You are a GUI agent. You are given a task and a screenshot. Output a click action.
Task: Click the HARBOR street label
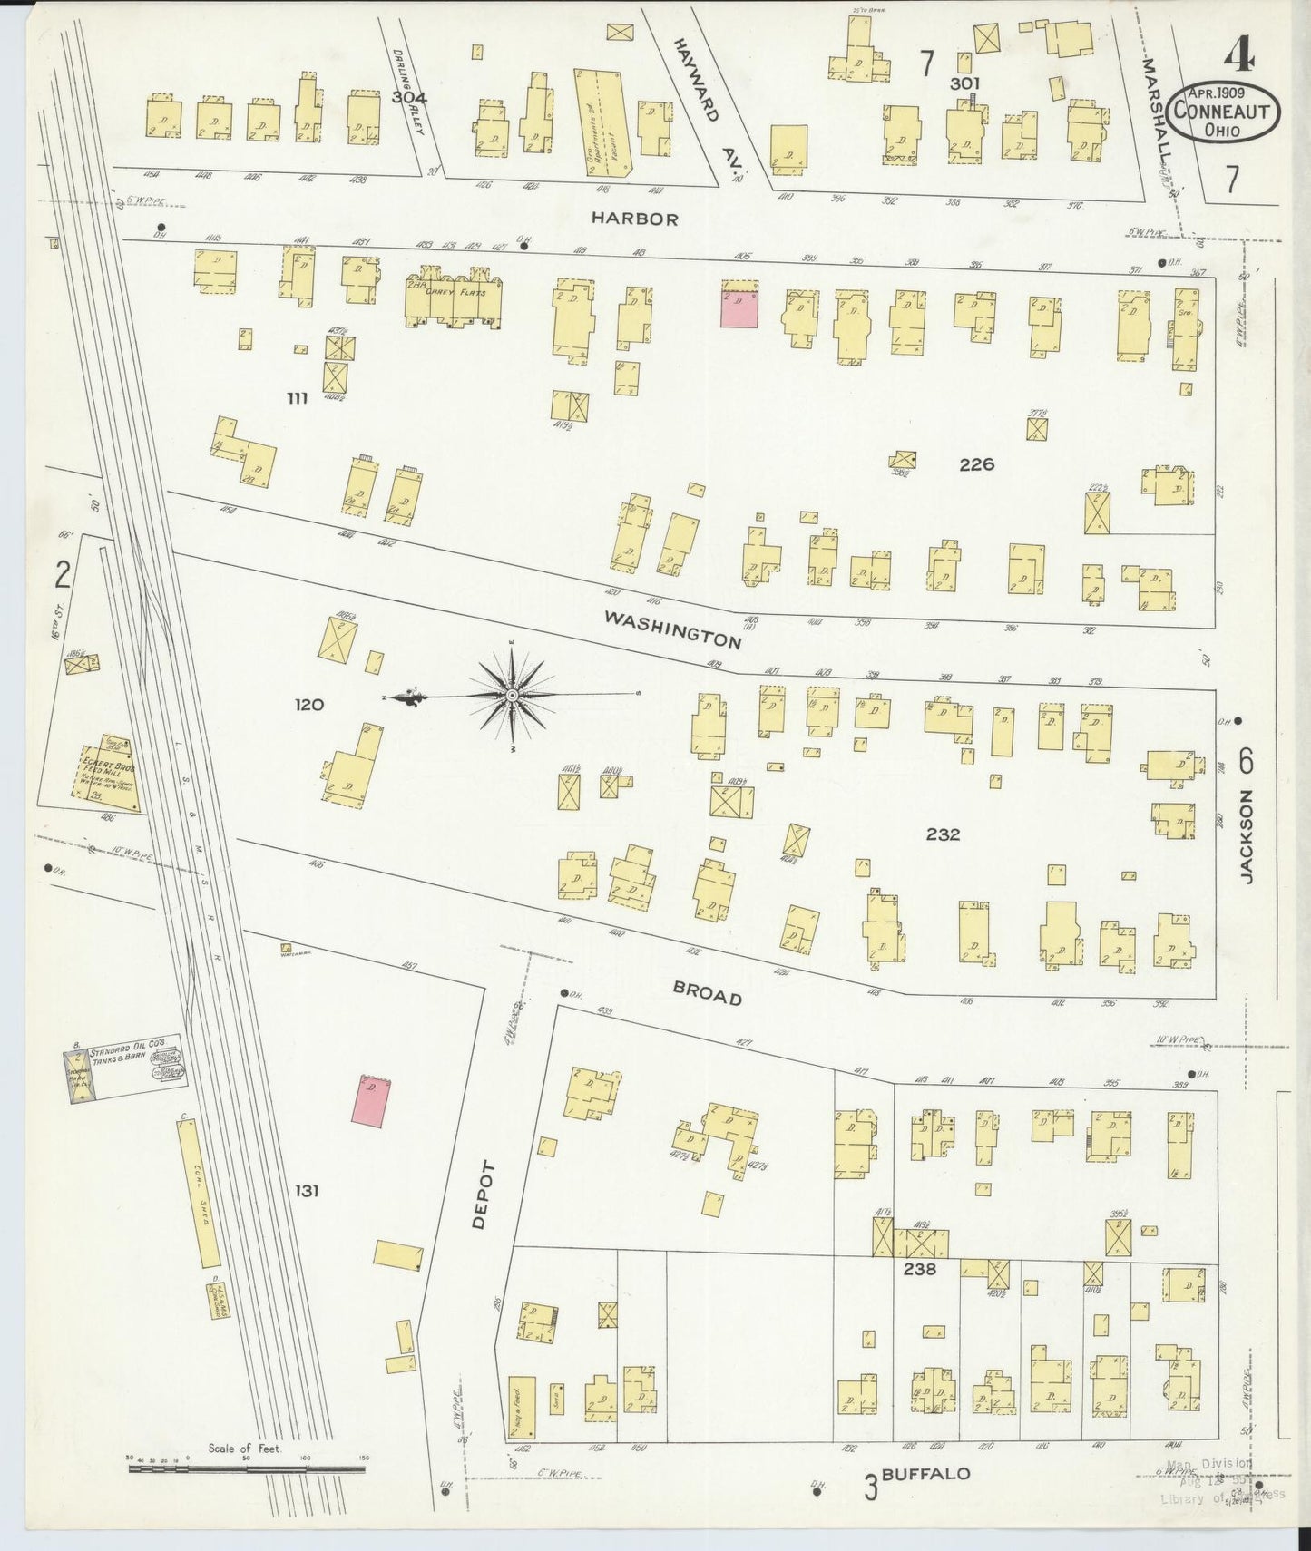coord(634,219)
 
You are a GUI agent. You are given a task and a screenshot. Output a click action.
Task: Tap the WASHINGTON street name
coord(672,629)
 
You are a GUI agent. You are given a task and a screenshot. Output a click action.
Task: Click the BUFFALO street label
coord(925,1474)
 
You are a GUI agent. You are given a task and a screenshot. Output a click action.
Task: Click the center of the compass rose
coord(513,695)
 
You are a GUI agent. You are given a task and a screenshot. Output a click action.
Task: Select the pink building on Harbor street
coord(739,304)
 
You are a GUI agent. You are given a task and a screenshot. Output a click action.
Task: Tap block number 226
coord(976,464)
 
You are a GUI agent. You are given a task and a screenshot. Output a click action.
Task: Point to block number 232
coord(943,834)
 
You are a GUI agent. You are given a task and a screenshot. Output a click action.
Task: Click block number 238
coord(919,1269)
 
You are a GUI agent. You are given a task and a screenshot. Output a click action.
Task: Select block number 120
coord(309,704)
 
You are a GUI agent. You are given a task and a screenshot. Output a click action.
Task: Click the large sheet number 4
coord(1238,56)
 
